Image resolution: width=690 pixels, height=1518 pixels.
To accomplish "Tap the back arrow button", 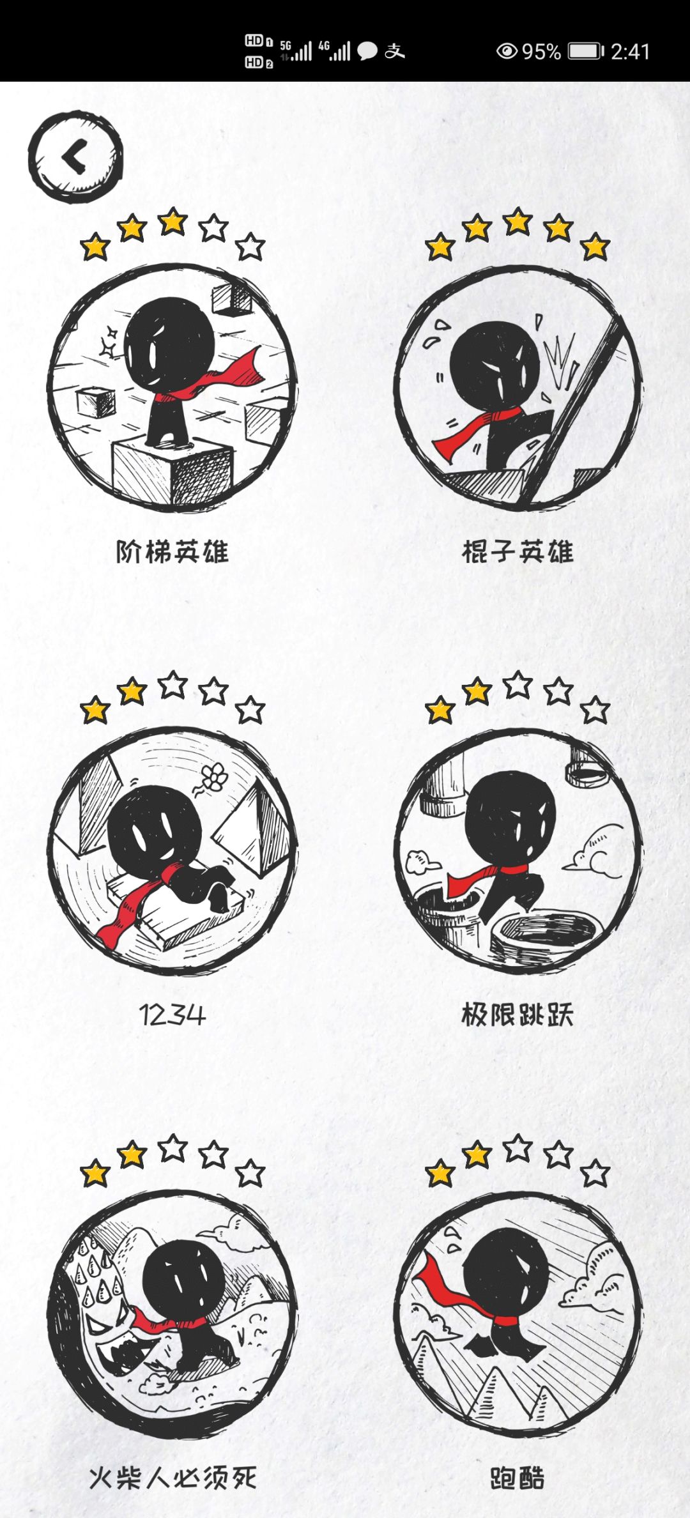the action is pos(75,157).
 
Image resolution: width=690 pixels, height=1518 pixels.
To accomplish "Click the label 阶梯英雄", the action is pos(172,551).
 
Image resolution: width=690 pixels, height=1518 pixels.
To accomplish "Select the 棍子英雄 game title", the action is pos(517,551).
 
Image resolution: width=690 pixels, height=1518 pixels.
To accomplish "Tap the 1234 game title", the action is pos(172,1015).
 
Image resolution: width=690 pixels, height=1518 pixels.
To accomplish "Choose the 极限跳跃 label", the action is pos(517,1014).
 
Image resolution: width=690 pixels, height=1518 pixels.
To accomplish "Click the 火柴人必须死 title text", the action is pos(172,1477).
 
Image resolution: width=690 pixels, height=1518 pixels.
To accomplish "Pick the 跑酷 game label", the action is pos(517,1477).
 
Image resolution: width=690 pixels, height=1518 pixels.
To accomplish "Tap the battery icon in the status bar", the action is pos(586,51).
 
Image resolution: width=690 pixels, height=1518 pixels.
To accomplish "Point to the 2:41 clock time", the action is pos(630,51).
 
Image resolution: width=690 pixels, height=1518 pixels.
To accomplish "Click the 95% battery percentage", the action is pos(541,51).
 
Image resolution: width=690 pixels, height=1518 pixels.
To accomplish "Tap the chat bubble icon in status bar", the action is pos(367,51).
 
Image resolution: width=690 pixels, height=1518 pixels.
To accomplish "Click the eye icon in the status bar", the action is pos(507,51).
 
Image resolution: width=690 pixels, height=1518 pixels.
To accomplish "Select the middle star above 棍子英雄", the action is pos(517,222).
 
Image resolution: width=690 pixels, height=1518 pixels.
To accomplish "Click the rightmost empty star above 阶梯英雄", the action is pos(250,247).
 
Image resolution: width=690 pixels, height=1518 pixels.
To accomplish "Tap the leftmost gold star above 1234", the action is pos(95,710).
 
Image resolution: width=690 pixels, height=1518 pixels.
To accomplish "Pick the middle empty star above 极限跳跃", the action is pos(517,685).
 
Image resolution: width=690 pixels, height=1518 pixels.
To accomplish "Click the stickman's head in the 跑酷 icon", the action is pos(505,1273).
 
